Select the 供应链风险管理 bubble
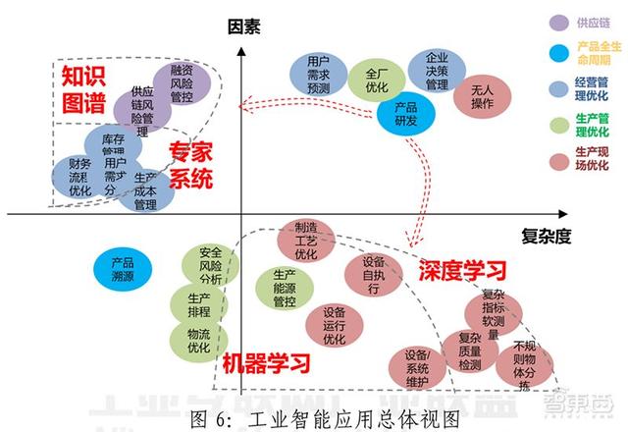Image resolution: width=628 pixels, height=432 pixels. point(143,106)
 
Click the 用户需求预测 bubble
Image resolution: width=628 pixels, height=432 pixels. point(318,75)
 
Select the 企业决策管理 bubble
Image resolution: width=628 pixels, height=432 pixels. point(437,71)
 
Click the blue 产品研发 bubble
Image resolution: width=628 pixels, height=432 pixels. point(406,114)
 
